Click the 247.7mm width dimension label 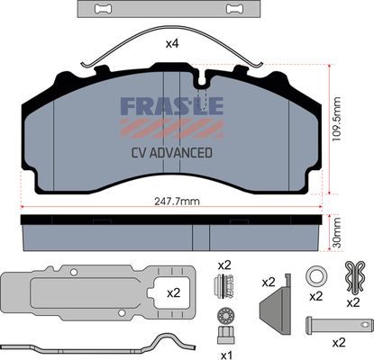coord(177,202)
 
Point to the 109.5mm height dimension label coord(337,120)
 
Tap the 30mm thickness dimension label coord(337,233)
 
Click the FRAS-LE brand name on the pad coord(172,106)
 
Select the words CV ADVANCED coord(172,153)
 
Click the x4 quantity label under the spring coord(172,44)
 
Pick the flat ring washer coord(315,276)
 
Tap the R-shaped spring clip coord(355,277)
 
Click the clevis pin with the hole coord(340,325)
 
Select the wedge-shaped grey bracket coord(277,303)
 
